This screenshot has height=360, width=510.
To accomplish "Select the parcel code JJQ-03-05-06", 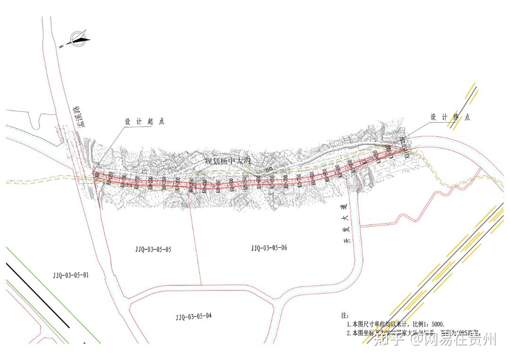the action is (x=269, y=248).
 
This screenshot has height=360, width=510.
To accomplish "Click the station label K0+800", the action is (x=312, y=178).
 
